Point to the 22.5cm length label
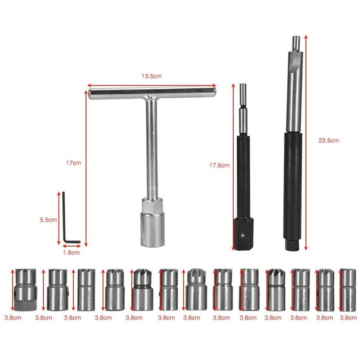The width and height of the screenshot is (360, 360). pos(328,140)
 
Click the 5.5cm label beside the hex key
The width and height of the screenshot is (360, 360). pos(48,220)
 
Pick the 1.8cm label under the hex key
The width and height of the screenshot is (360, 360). pos(71,252)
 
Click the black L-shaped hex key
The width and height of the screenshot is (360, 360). pos(66,218)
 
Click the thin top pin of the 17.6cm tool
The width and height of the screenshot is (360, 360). pos(243,94)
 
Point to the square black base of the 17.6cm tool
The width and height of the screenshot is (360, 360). pos(243,234)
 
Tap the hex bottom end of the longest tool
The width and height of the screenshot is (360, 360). pos(291,246)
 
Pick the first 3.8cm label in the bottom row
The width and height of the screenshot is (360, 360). pos(12,317)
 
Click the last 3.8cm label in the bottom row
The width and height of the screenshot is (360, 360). pos(348,317)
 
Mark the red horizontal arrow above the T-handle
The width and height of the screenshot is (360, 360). pos(151,84)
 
